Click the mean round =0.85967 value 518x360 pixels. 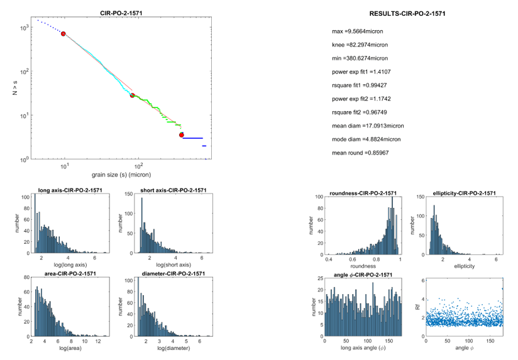[360, 153]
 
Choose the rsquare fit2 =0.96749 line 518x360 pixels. [363, 112]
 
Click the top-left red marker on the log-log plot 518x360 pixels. [63, 33]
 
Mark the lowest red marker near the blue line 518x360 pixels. [182, 134]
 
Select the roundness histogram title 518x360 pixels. [362, 193]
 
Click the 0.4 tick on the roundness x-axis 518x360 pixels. [329, 259]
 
